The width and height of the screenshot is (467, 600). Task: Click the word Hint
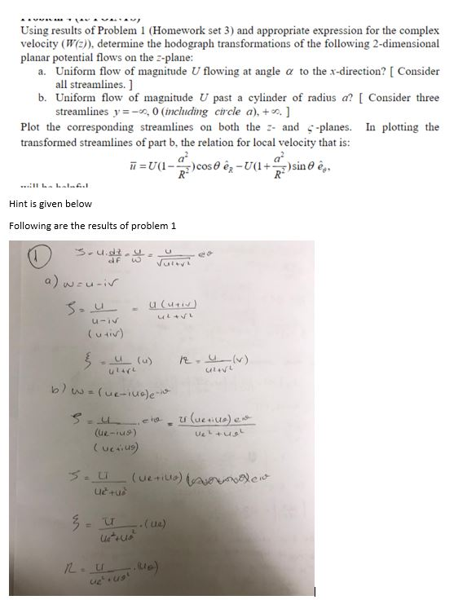[x=20, y=205]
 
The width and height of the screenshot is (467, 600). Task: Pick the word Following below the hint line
[x=33, y=225]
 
